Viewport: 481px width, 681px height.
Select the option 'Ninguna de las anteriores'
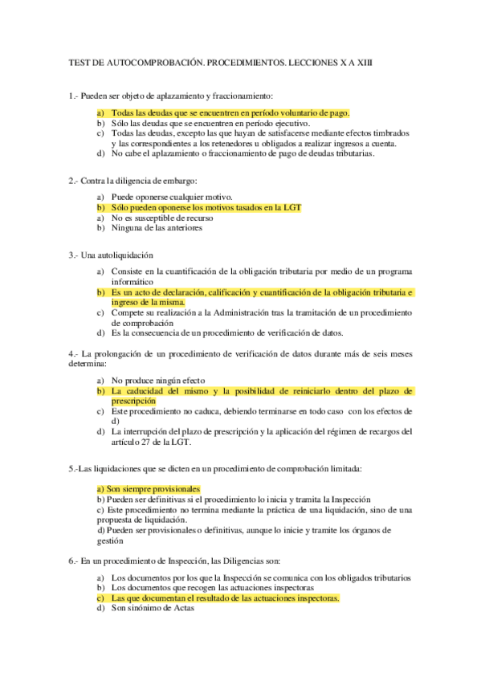157,227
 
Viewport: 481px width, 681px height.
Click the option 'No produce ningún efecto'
158,380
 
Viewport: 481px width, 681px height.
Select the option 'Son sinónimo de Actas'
153,608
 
